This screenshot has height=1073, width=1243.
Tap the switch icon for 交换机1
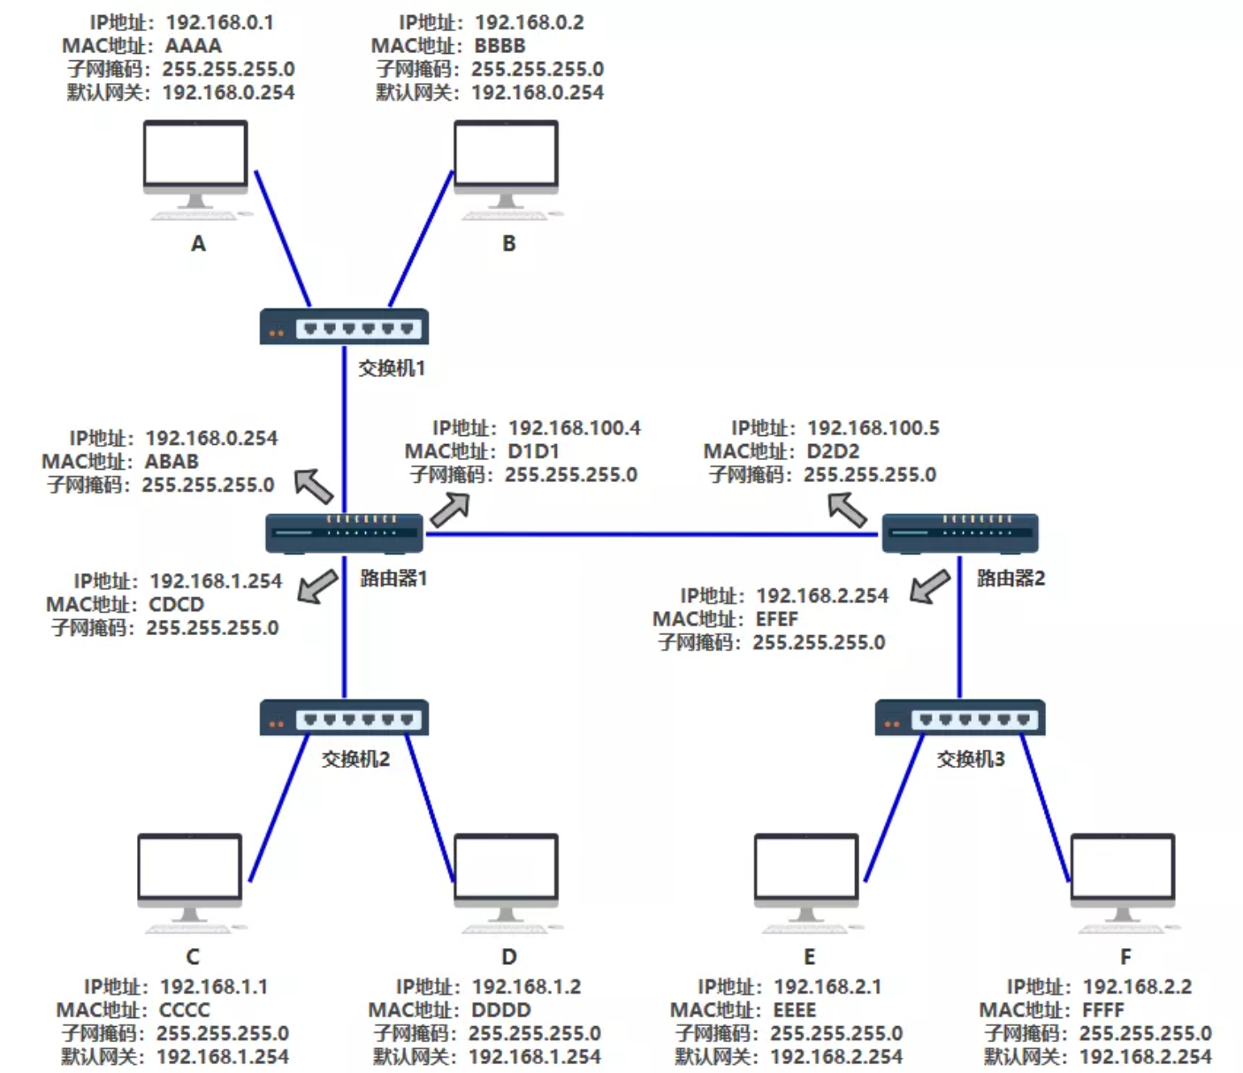(344, 327)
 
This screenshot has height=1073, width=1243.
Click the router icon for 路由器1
(344, 533)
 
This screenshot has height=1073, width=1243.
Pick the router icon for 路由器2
(960, 533)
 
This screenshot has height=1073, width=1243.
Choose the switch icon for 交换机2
(344, 718)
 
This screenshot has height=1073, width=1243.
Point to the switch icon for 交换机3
(960, 718)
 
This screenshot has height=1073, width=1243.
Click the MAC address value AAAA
(194, 46)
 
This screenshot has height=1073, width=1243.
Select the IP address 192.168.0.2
(529, 23)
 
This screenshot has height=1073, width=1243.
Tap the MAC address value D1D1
(534, 452)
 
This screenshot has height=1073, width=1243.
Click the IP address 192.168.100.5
(873, 429)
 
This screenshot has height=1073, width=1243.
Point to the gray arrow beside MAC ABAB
(314, 486)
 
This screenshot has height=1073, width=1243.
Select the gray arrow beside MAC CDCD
(317, 586)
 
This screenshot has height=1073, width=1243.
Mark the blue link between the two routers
(654, 534)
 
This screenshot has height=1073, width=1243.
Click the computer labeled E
(805, 880)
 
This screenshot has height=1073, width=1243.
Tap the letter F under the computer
(1125, 957)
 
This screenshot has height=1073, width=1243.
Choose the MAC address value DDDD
(500, 1010)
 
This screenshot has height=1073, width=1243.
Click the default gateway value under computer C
(222, 1057)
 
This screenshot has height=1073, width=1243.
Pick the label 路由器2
(1010, 579)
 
